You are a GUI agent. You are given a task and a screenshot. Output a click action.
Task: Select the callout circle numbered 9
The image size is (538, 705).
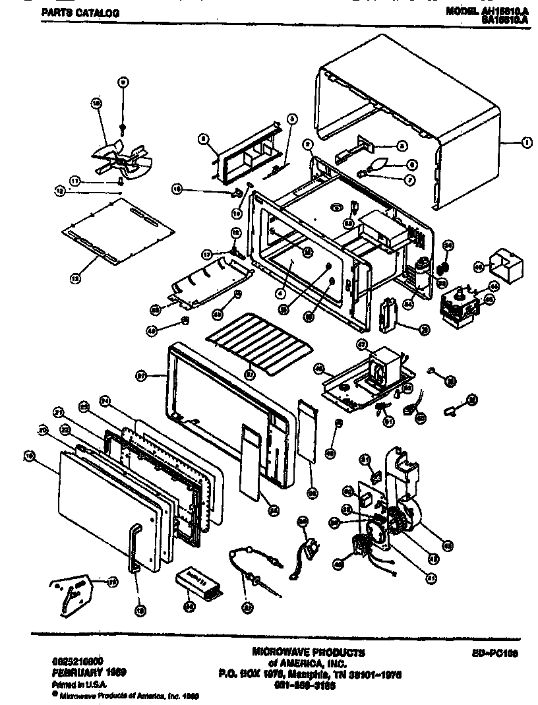point(123,82)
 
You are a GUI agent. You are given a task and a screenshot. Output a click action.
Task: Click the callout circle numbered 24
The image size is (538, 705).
point(104,400)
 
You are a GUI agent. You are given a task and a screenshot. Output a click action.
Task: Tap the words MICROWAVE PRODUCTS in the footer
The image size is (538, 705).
point(308,652)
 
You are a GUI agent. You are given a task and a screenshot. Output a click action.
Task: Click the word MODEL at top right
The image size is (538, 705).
point(461,11)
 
